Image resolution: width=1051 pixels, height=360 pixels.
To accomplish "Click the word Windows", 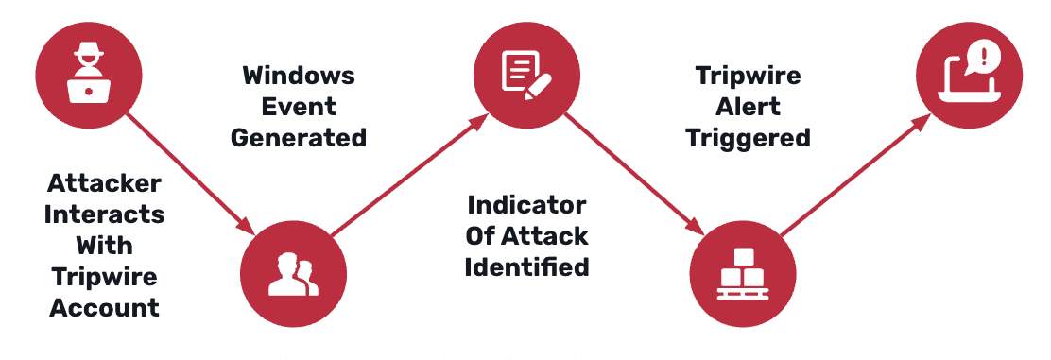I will pyautogui.click(x=299, y=75).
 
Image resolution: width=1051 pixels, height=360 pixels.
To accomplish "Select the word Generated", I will pyautogui.click(x=299, y=137).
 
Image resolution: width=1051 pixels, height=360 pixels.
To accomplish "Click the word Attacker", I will pyautogui.click(x=105, y=182).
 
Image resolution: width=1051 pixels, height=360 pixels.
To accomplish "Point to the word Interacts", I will pyautogui.click(x=105, y=214).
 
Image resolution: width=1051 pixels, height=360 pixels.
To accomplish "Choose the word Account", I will pyautogui.click(x=105, y=307).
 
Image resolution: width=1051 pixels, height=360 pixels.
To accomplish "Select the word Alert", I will pyautogui.click(x=748, y=106).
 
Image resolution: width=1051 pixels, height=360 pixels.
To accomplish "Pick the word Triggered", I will pyautogui.click(x=748, y=137).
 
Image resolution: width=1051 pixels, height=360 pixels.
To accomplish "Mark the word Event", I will pyautogui.click(x=299, y=106).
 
